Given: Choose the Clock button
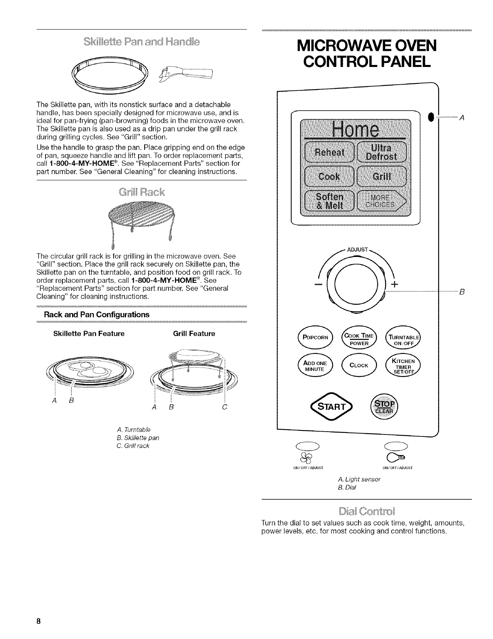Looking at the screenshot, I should pos(358,366).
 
